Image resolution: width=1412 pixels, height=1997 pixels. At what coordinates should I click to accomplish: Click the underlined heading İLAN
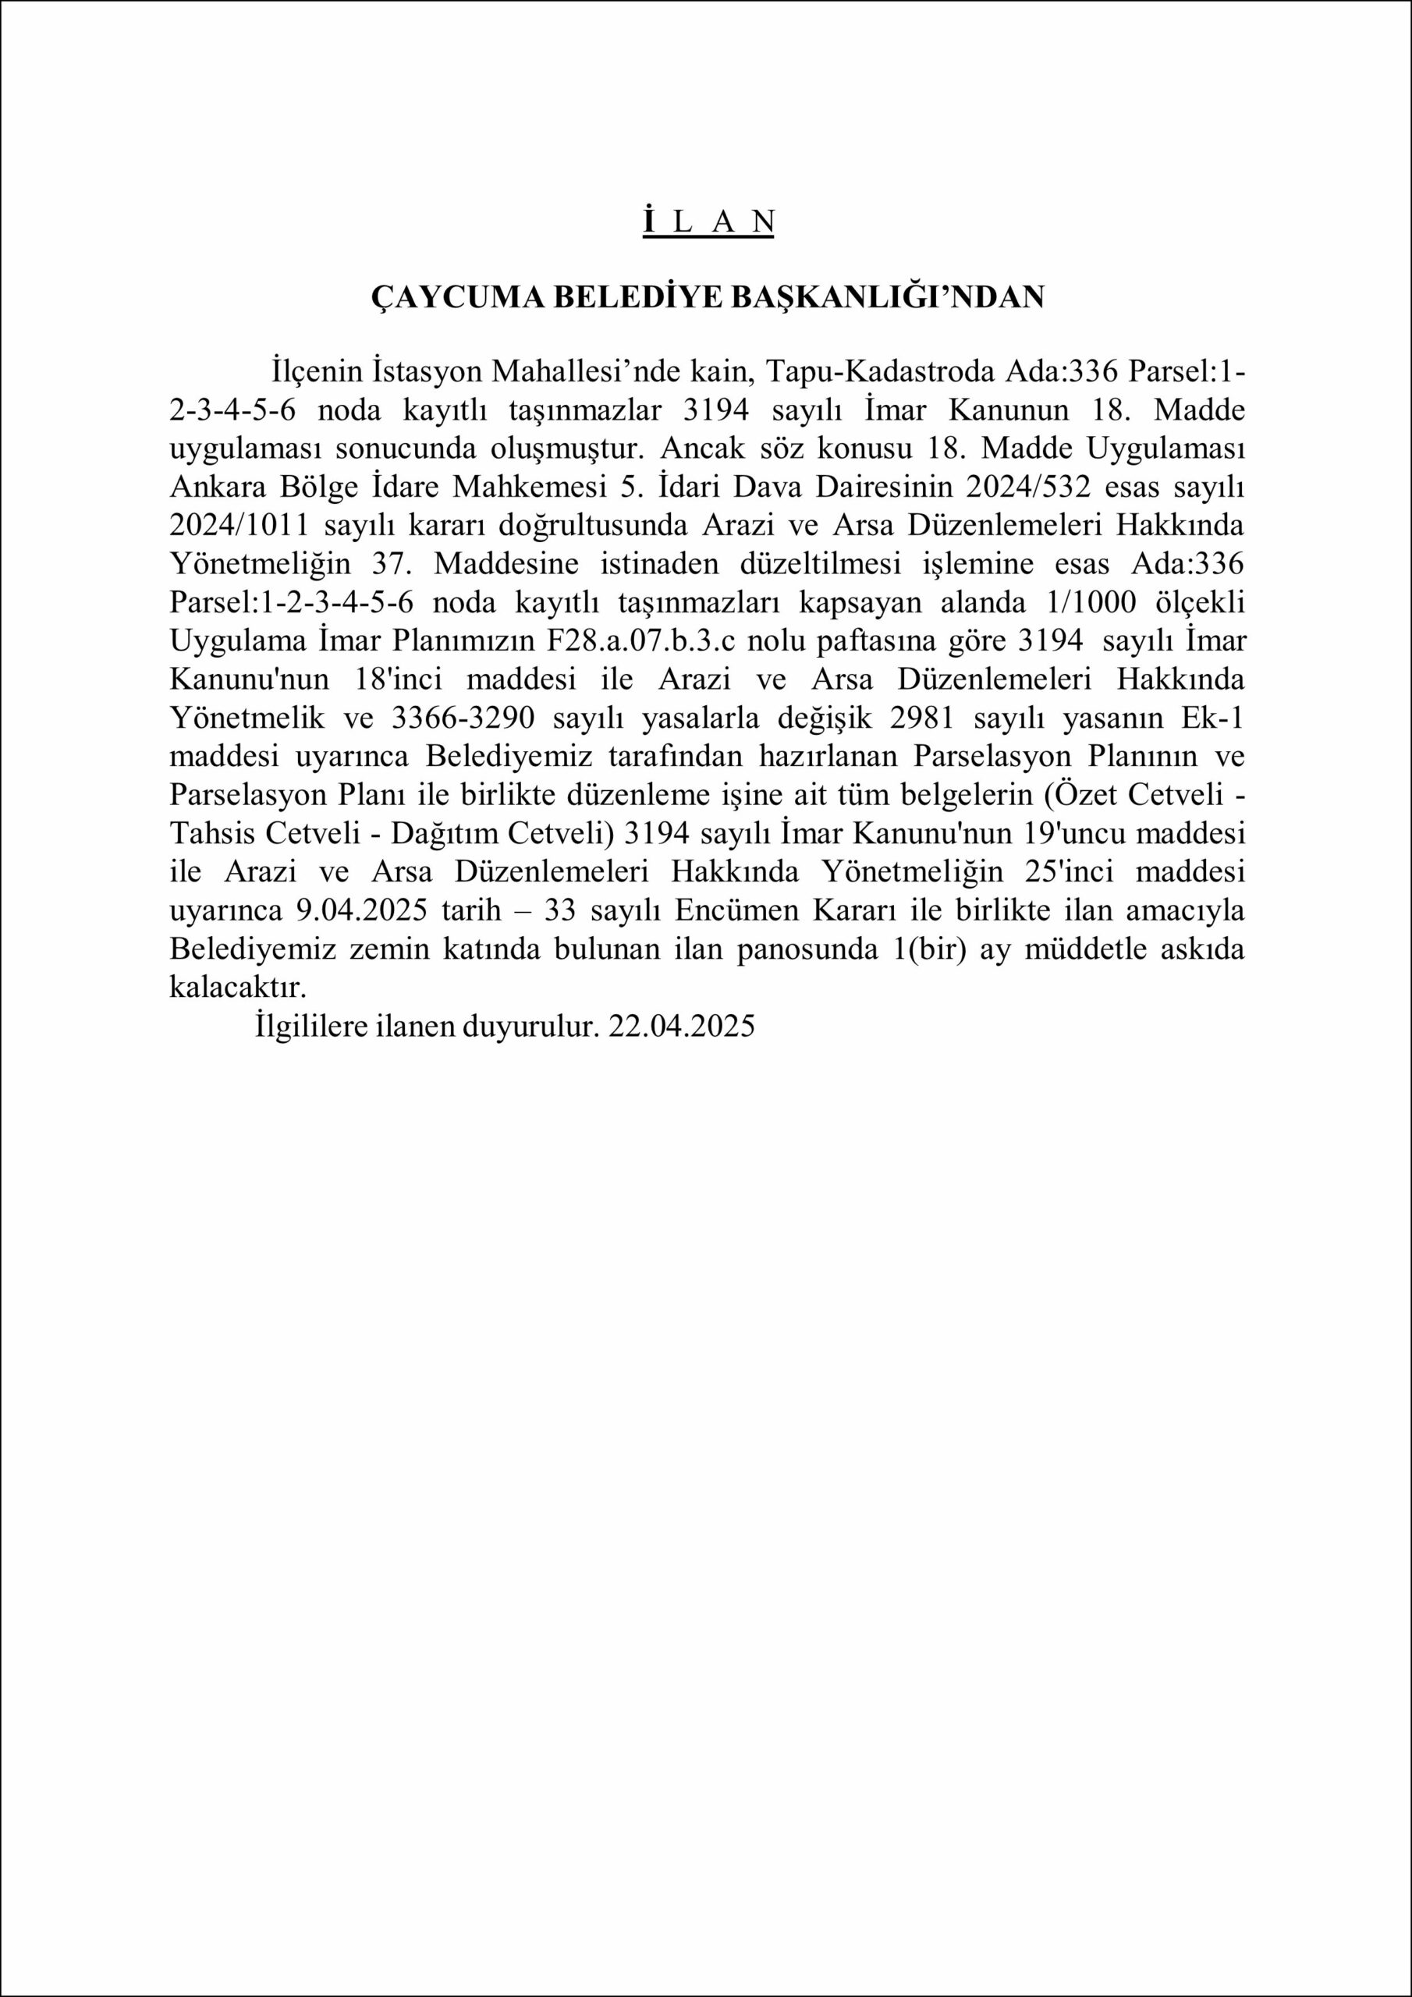708,222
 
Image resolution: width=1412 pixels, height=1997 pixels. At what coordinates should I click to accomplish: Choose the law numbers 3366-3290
465,718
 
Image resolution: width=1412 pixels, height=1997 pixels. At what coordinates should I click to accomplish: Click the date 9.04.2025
355,910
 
